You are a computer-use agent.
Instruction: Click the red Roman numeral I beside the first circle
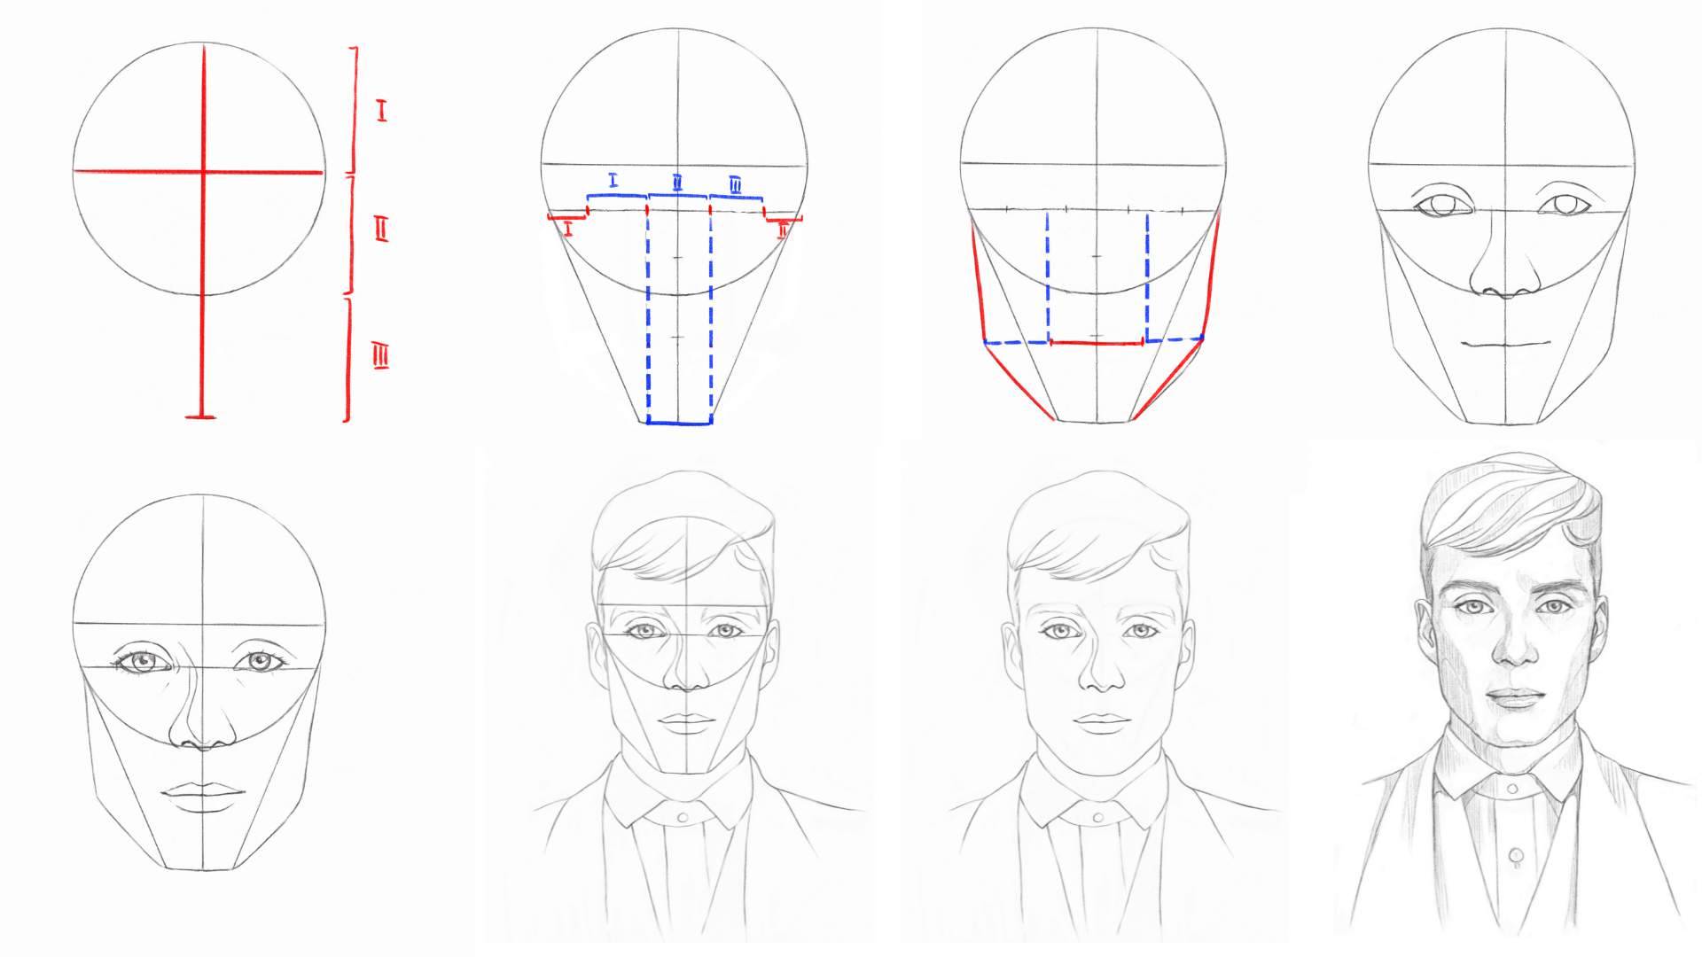click(381, 112)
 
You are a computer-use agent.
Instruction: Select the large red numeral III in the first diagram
click(381, 357)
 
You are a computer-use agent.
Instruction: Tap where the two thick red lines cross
click(203, 171)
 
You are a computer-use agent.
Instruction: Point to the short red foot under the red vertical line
click(203, 416)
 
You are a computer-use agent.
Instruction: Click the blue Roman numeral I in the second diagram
click(613, 181)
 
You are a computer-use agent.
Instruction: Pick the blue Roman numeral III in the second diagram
click(737, 184)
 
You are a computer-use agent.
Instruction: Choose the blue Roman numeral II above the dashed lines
click(677, 183)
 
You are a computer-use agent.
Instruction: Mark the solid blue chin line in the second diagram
click(680, 424)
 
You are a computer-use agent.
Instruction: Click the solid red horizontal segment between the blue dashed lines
click(1098, 341)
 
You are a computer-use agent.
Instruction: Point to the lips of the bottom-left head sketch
click(203, 795)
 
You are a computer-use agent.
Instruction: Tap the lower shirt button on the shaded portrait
click(1514, 856)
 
